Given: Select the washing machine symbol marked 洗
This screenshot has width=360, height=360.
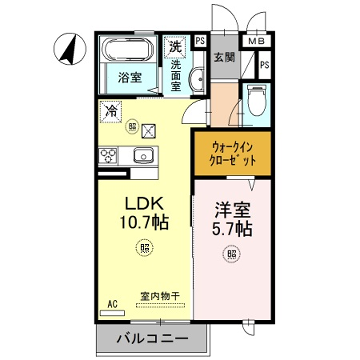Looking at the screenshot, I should (x=176, y=46).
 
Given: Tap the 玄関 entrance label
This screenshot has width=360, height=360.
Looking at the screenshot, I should (x=224, y=58).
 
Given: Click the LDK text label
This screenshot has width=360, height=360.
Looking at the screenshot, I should (x=140, y=201).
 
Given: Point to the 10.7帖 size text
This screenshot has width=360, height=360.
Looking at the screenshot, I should (x=141, y=221).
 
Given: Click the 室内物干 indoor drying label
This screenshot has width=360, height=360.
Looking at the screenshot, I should (x=157, y=297).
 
